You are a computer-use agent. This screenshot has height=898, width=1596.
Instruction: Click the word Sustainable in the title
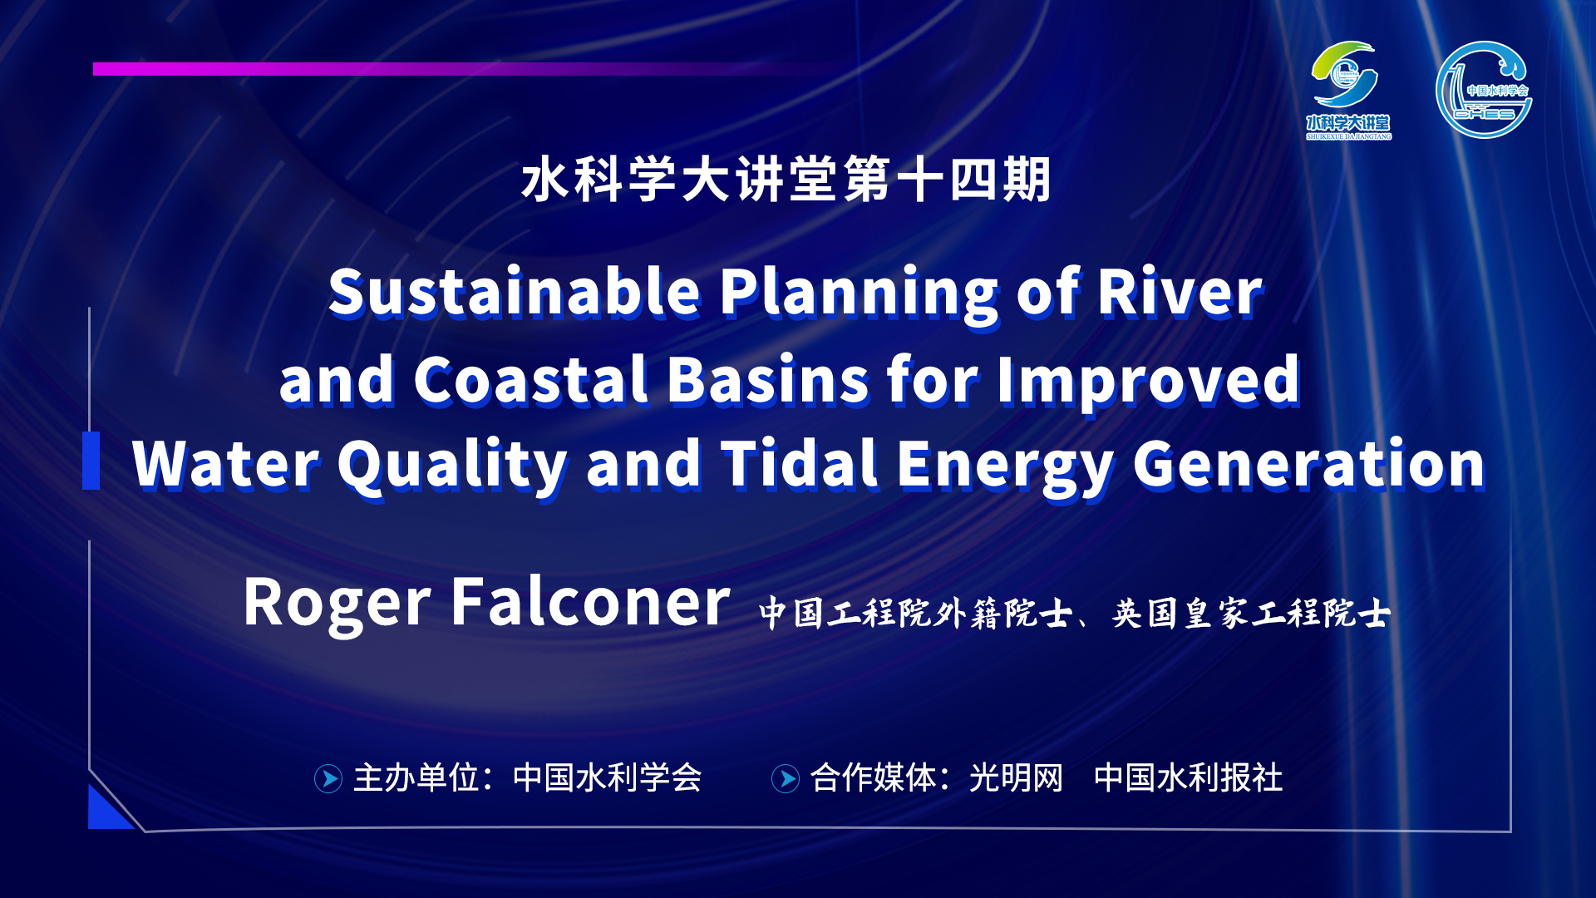point(515,292)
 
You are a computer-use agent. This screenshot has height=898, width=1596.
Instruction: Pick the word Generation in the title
point(1308,463)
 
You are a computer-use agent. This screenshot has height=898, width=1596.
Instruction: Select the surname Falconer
point(590,601)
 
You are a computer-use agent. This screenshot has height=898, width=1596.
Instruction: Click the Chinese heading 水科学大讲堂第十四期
point(786,179)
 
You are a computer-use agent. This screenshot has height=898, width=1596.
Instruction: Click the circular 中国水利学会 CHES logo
point(1484,90)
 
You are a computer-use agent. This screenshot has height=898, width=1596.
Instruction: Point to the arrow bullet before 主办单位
point(328,778)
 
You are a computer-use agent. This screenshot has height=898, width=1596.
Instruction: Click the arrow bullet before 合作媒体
point(786,778)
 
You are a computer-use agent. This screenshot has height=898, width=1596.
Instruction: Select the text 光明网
point(1016,778)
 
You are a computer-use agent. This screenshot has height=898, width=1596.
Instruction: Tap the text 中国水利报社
point(1189,778)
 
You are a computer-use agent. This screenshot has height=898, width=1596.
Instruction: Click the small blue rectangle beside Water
point(91,461)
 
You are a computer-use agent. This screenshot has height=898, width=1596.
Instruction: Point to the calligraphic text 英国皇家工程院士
point(1251,614)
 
